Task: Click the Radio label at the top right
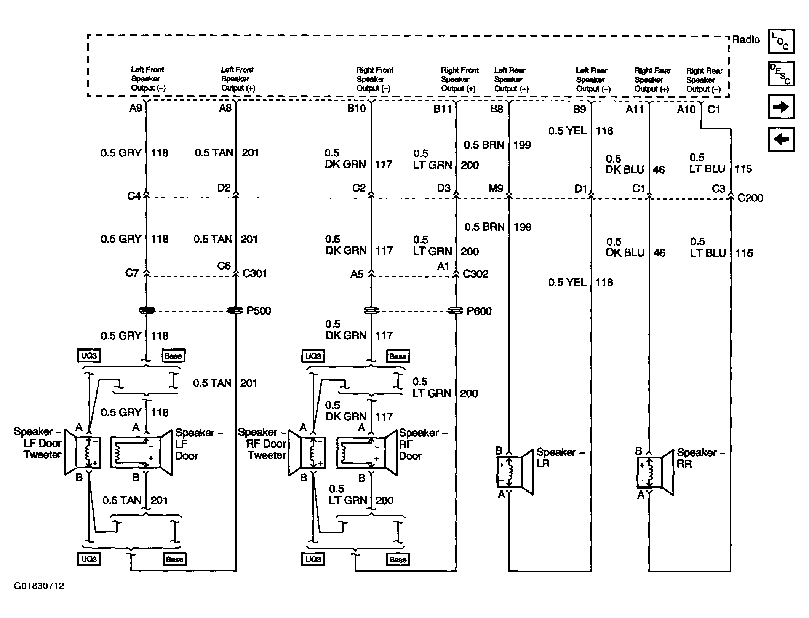click(745, 40)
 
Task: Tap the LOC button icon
click(781, 41)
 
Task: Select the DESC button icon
click(781, 74)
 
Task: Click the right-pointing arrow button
click(781, 107)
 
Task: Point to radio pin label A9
click(136, 108)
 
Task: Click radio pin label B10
click(356, 109)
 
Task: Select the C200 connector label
click(750, 198)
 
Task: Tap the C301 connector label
click(254, 273)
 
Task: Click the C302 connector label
click(475, 274)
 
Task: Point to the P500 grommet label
click(259, 311)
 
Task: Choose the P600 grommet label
click(479, 311)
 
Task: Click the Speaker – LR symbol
click(515, 472)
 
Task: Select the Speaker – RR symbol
click(655, 473)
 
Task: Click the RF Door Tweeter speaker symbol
click(307, 453)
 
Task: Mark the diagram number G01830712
click(39, 586)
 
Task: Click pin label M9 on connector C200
click(496, 188)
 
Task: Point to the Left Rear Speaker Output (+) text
click(511, 80)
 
